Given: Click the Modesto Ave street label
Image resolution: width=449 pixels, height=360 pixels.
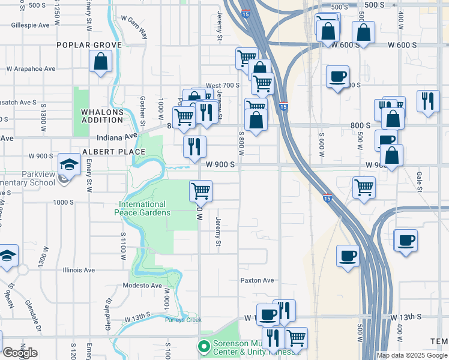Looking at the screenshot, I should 143,286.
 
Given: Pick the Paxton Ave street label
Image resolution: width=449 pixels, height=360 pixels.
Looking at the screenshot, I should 257,280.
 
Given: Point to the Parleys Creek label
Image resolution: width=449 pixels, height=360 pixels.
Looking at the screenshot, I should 184,319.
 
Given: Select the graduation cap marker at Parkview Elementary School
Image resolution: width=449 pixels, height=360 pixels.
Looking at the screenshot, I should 69,164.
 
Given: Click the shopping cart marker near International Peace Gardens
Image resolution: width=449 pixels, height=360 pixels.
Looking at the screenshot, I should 200,191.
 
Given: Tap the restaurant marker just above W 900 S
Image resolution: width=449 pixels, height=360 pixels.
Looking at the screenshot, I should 194,146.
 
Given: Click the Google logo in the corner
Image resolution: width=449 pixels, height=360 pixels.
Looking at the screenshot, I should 19,353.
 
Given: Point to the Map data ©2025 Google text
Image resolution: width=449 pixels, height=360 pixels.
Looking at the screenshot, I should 412,355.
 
